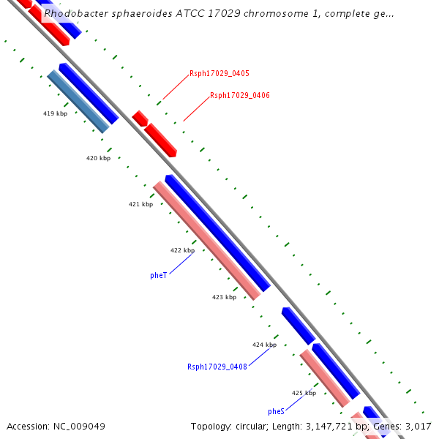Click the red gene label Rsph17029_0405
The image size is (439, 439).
pos(219,73)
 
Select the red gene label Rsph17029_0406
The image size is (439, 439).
pos(239,95)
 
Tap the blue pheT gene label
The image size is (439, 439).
pos(158,275)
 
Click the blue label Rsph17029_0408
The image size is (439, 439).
pos(217,367)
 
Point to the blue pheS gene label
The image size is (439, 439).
pos(276,411)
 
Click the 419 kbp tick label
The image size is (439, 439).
pos(55,113)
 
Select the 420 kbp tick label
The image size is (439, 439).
pos(98,158)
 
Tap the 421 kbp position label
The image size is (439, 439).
pos(140,204)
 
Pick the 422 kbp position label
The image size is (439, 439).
pos(182,250)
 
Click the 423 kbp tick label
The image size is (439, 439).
pos(224,297)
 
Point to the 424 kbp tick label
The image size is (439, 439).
pos(264,345)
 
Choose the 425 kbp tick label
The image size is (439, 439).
pos(304,393)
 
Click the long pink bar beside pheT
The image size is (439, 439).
pos(206,240)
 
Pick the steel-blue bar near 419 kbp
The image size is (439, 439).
pos(78,101)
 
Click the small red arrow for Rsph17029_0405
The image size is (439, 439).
pos(140,118)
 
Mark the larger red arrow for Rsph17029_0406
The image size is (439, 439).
pos(160,139)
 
